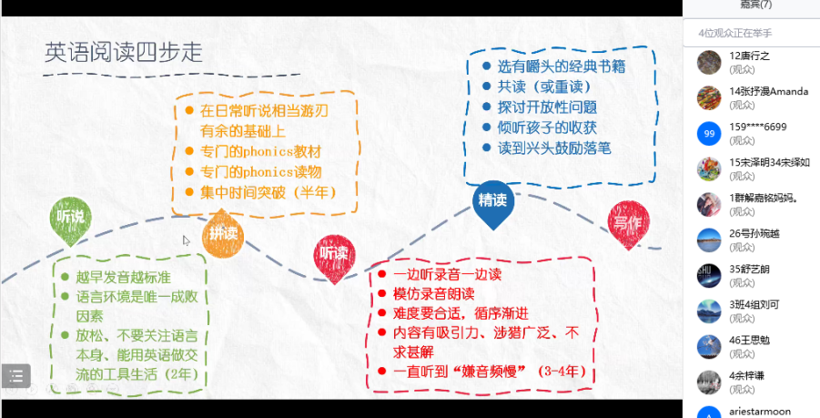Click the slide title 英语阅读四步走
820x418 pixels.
124,53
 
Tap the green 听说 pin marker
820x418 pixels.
70,219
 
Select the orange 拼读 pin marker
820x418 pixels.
223,233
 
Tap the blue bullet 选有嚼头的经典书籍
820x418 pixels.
562,66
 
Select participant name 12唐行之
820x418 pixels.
750,56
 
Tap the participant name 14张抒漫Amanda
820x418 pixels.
770,91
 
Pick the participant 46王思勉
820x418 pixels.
750,340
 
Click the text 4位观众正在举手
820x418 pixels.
734,32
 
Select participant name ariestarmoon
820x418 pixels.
760,412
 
